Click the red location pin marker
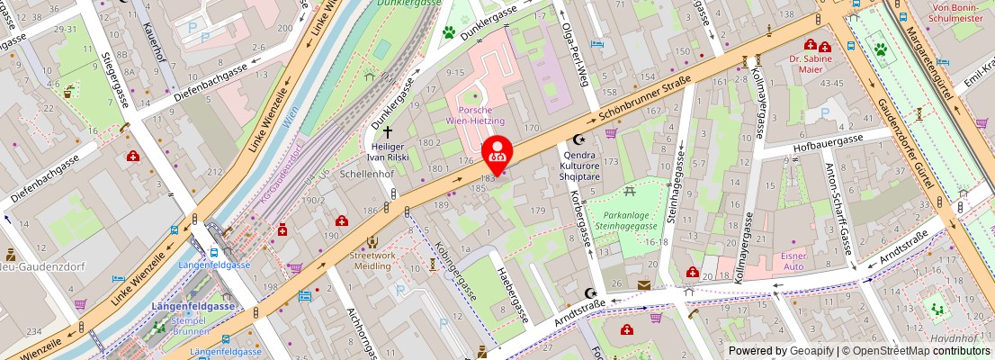coord(497,156)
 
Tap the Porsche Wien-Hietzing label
coord(475,114)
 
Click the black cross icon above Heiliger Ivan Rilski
coord(388,131)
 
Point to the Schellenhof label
coord(363,174)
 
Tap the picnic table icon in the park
coord(630,191)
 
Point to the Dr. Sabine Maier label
coord(811,64)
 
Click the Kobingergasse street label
coord(453,271)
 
